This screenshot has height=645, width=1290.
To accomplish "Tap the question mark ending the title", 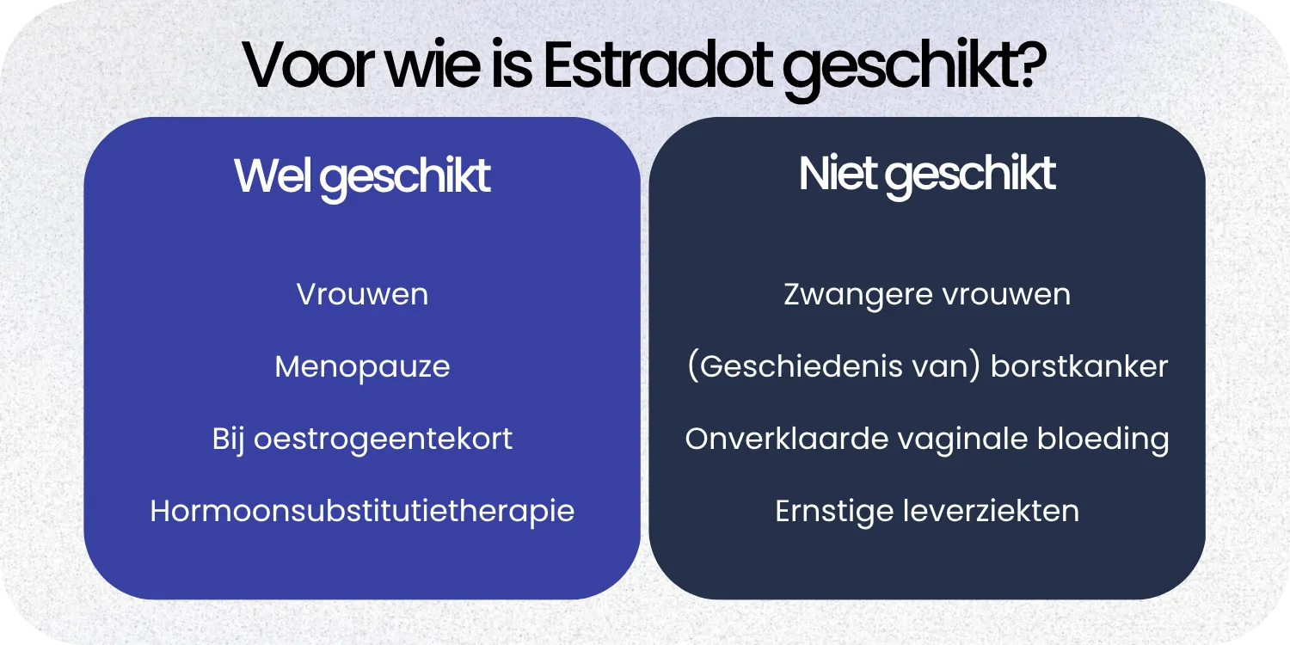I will click(x=1029, y=64).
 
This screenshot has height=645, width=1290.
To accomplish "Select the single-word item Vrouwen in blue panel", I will click(x=362, y=295).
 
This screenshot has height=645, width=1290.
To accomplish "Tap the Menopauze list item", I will click(x=362, y=367).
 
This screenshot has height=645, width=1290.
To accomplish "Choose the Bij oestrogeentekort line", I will click(x=362, y=439).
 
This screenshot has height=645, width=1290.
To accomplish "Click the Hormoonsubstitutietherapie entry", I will click(x=362, y=512).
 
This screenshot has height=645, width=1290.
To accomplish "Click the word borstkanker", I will click(x=1079, y=367).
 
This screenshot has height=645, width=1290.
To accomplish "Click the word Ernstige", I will click(x=832, y=512).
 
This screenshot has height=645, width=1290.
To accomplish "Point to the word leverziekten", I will click(x=991, y=512).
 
